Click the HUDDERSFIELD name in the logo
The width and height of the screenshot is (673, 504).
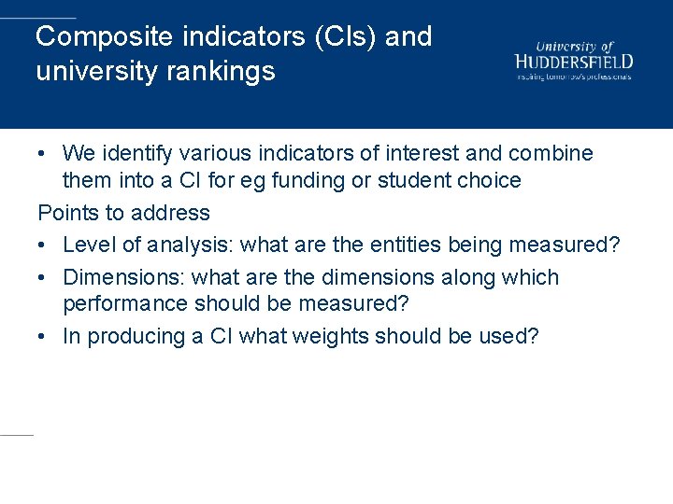point(574,62)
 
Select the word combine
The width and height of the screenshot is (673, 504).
point(554,153)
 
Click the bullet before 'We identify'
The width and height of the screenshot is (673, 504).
point(43,153)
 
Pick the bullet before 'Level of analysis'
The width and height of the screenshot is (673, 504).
point(43,245)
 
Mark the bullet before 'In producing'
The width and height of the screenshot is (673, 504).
point(43,337)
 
